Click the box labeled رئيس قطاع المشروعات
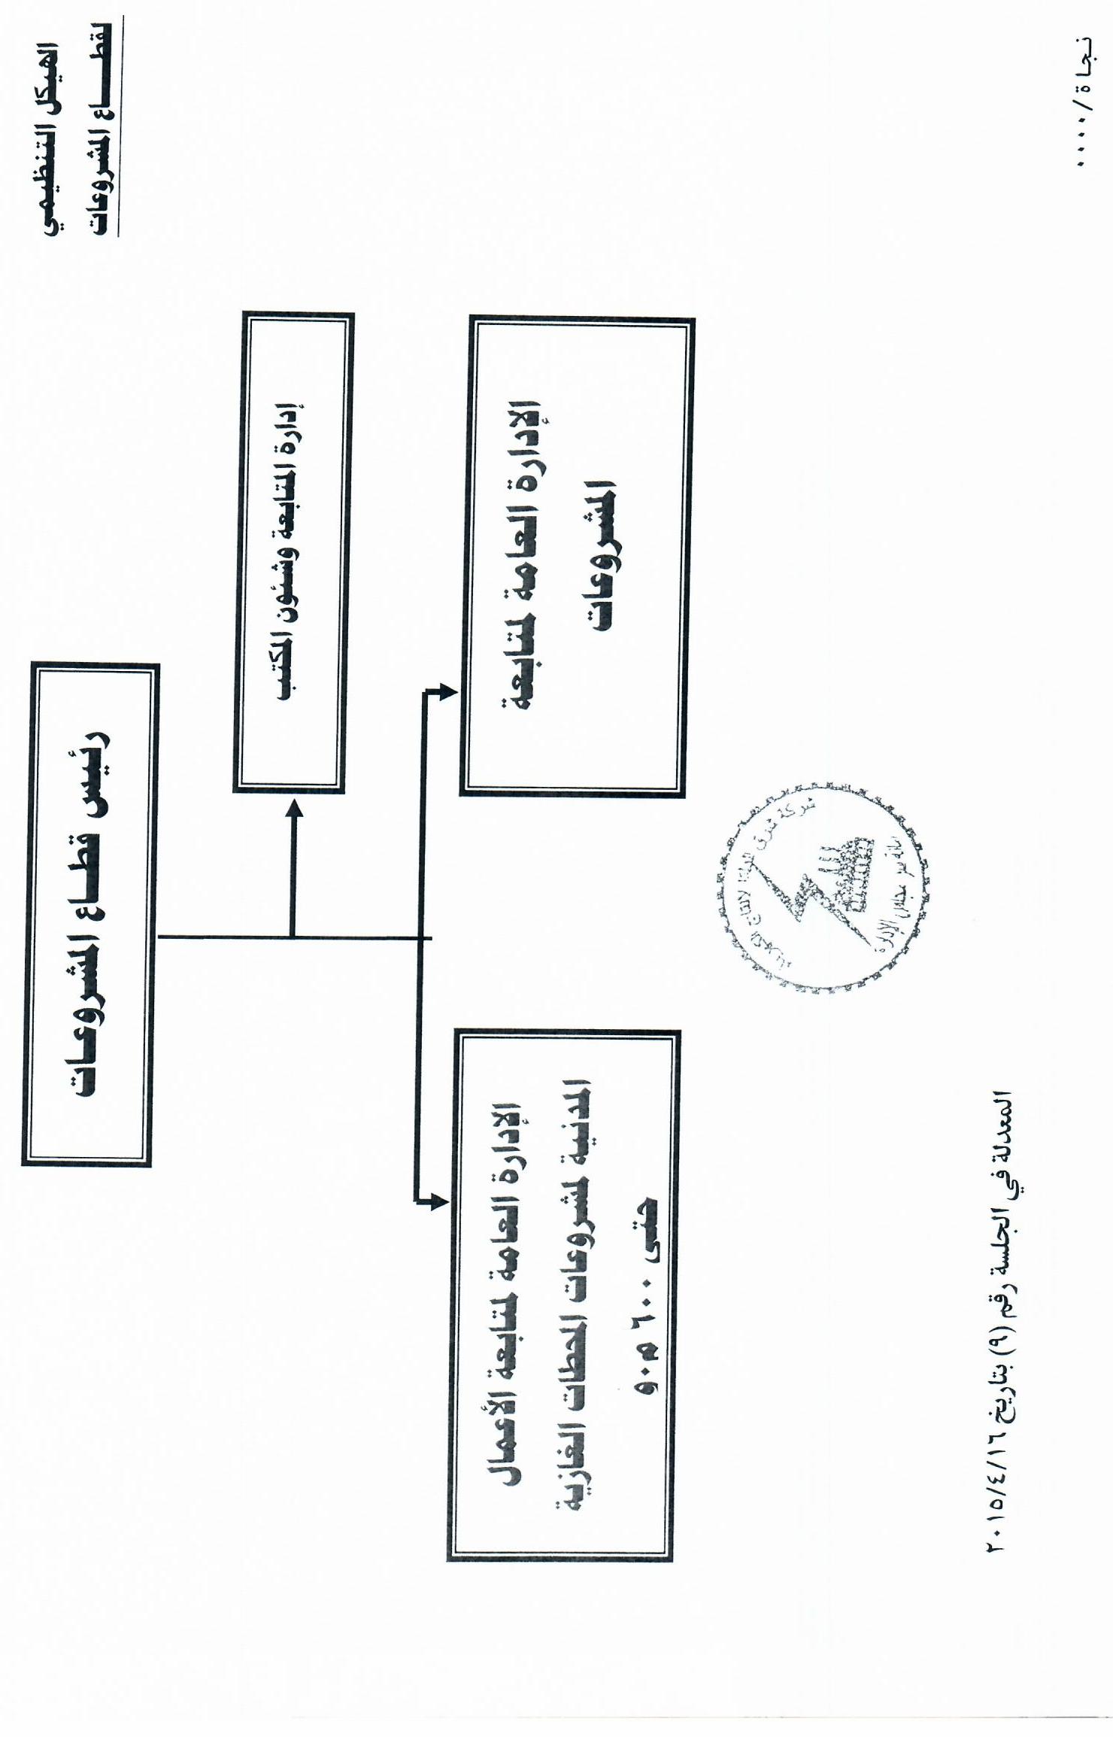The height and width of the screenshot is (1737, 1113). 89,915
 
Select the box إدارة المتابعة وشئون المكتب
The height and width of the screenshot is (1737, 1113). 293,553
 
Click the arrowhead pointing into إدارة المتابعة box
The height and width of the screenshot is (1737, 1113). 293,809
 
